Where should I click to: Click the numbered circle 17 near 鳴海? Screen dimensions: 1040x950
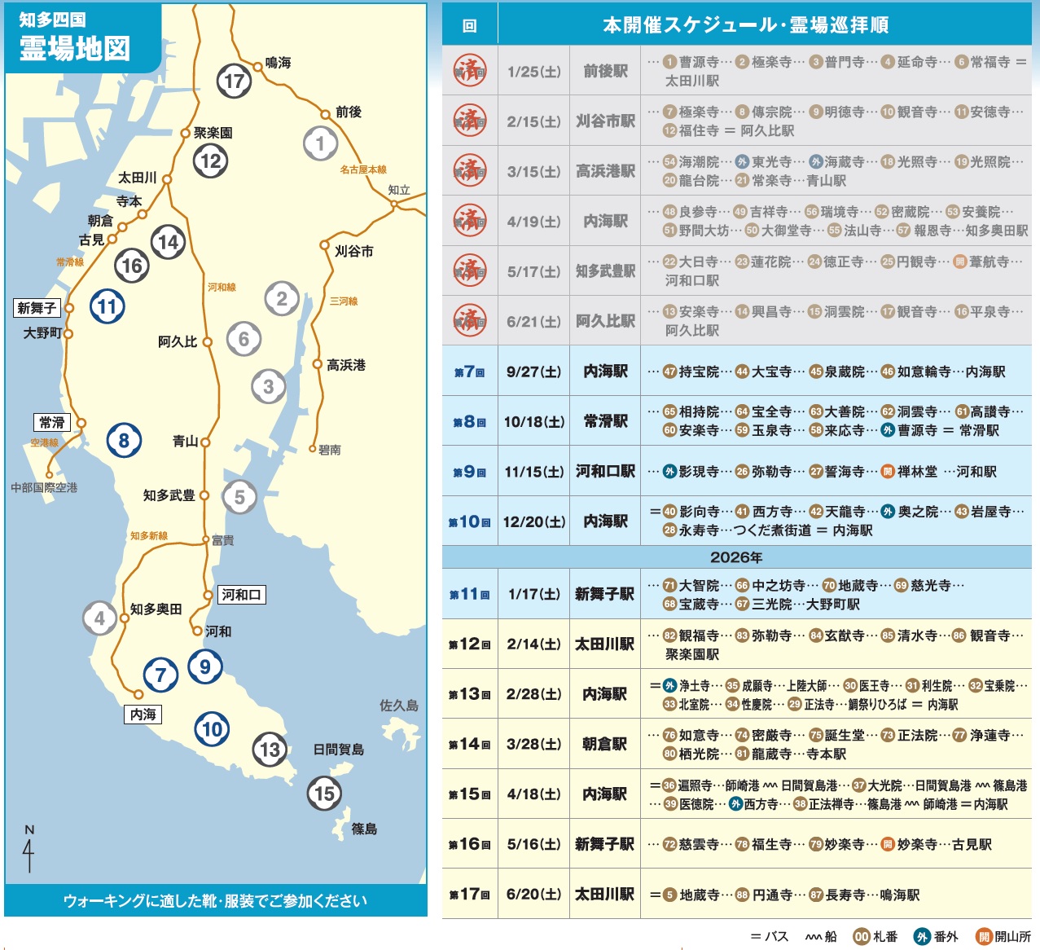point(234,81)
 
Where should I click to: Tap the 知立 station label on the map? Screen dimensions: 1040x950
point(399,190)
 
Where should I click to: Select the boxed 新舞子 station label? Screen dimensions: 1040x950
point(37,308)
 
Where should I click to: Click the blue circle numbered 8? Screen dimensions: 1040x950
point(124,441)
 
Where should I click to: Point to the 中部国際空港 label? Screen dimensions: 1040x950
point(44,487)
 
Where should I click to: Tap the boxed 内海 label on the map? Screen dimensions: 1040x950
point(143,715)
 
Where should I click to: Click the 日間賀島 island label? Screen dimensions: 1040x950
point(338,750)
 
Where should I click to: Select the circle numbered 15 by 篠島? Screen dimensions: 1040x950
point(324,794)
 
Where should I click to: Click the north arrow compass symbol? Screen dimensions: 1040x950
point(29,851)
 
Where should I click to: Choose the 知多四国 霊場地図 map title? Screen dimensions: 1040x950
point(74,39)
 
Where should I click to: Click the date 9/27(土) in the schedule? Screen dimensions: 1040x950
point(533,372)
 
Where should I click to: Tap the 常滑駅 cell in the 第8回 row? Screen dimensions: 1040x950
point(605,421)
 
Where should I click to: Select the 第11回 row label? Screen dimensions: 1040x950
point(469,595)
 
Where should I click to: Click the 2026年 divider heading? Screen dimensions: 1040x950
point(736,557)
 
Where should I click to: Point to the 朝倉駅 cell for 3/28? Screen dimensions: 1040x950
point(604,744)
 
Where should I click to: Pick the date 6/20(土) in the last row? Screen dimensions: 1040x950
point(533,894)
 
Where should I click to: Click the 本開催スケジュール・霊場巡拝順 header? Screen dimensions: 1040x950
point(745,25)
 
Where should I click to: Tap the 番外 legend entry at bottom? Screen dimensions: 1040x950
point(936,937)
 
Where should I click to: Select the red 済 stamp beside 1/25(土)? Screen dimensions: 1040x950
point(470,71)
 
